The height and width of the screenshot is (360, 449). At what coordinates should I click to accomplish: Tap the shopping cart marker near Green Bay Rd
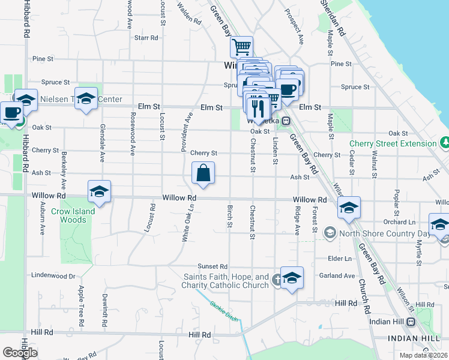241,46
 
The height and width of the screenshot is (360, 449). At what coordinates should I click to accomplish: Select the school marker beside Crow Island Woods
100,191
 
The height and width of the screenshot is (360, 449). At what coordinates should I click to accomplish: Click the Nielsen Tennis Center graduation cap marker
86,98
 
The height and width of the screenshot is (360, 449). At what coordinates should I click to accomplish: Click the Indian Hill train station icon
411,322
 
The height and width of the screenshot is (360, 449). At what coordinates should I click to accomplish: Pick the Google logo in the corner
20,352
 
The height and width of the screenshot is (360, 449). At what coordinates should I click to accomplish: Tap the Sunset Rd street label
215,266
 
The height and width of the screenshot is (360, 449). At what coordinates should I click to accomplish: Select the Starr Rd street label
146,38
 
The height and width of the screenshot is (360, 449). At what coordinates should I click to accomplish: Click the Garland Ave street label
338,276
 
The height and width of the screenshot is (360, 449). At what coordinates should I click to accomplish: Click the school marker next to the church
292,278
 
